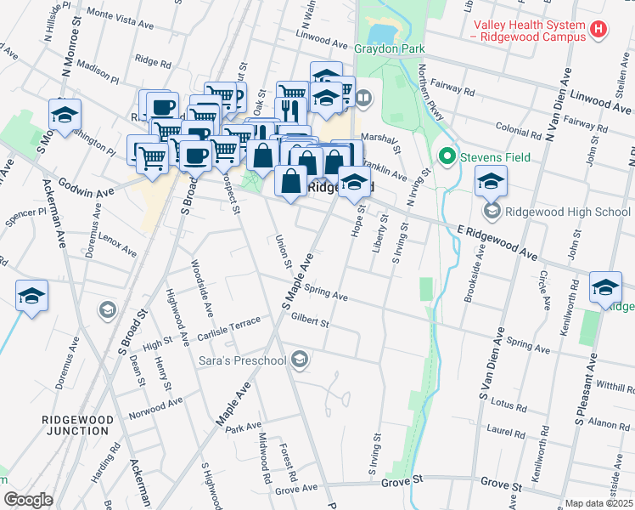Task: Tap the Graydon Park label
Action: pyautogui.click(x=390, y=49)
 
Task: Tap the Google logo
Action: pyautogui.click(x=28, y=501)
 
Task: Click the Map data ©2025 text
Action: pyautogui.click(x=598, y=503)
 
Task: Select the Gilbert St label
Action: pyautogui.click(x=309, y=322)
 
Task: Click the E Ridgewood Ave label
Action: pyautogui.click(x=497, y=242)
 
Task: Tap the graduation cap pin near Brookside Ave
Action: pyautogui.click(x=491, y=182)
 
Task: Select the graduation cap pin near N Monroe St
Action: pyautogui.click(x=65, y=116)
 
